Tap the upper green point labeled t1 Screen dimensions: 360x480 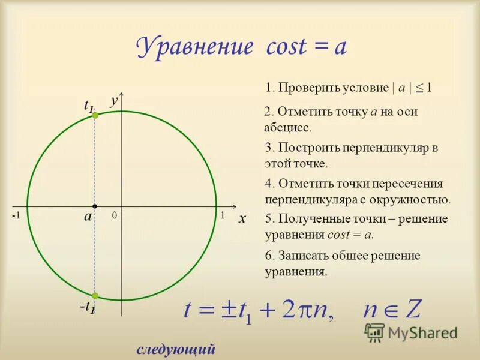(95, 115)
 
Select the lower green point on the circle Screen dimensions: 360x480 (95, 295)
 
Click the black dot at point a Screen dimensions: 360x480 (95, 206)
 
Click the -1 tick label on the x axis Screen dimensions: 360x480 (16, 215)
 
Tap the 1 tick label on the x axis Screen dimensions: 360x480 (221, 215)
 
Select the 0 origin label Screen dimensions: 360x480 (113, 215)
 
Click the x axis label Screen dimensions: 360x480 (242, 220)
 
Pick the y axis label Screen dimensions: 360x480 (113, 102)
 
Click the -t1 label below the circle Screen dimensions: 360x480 (87, 307)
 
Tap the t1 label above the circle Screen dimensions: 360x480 (88, 106)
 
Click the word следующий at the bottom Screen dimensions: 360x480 (176, 349)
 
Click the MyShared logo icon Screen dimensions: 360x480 (375, 332)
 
